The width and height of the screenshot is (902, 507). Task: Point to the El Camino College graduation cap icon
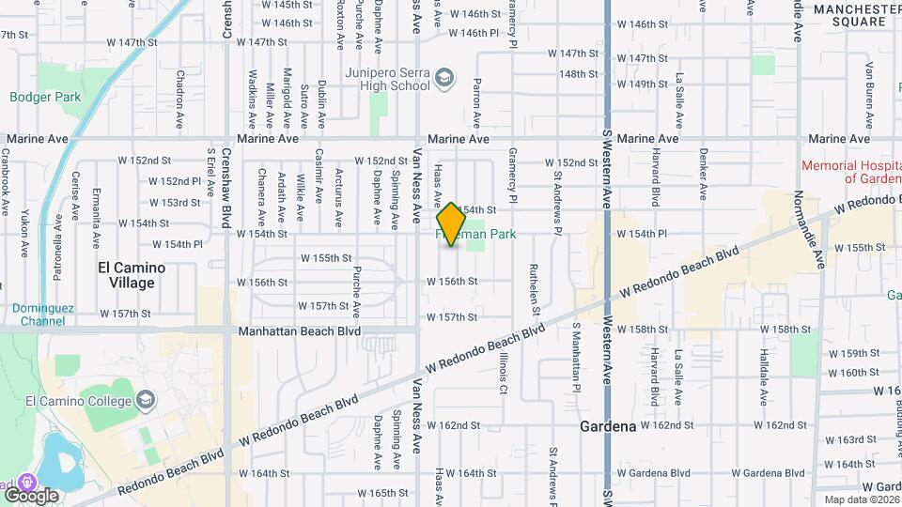coord(146,401)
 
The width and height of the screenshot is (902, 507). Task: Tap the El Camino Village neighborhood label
coord(132,274)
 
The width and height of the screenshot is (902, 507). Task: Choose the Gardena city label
coord(607,425)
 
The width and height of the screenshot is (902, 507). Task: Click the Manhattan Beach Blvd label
coord(300,331)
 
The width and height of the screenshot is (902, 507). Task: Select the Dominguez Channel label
coord(40,314)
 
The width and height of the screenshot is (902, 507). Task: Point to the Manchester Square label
coord(858,15)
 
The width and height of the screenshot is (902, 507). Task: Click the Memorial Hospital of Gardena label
coord(850,172)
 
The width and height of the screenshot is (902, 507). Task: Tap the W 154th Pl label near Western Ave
coord(641,234)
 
